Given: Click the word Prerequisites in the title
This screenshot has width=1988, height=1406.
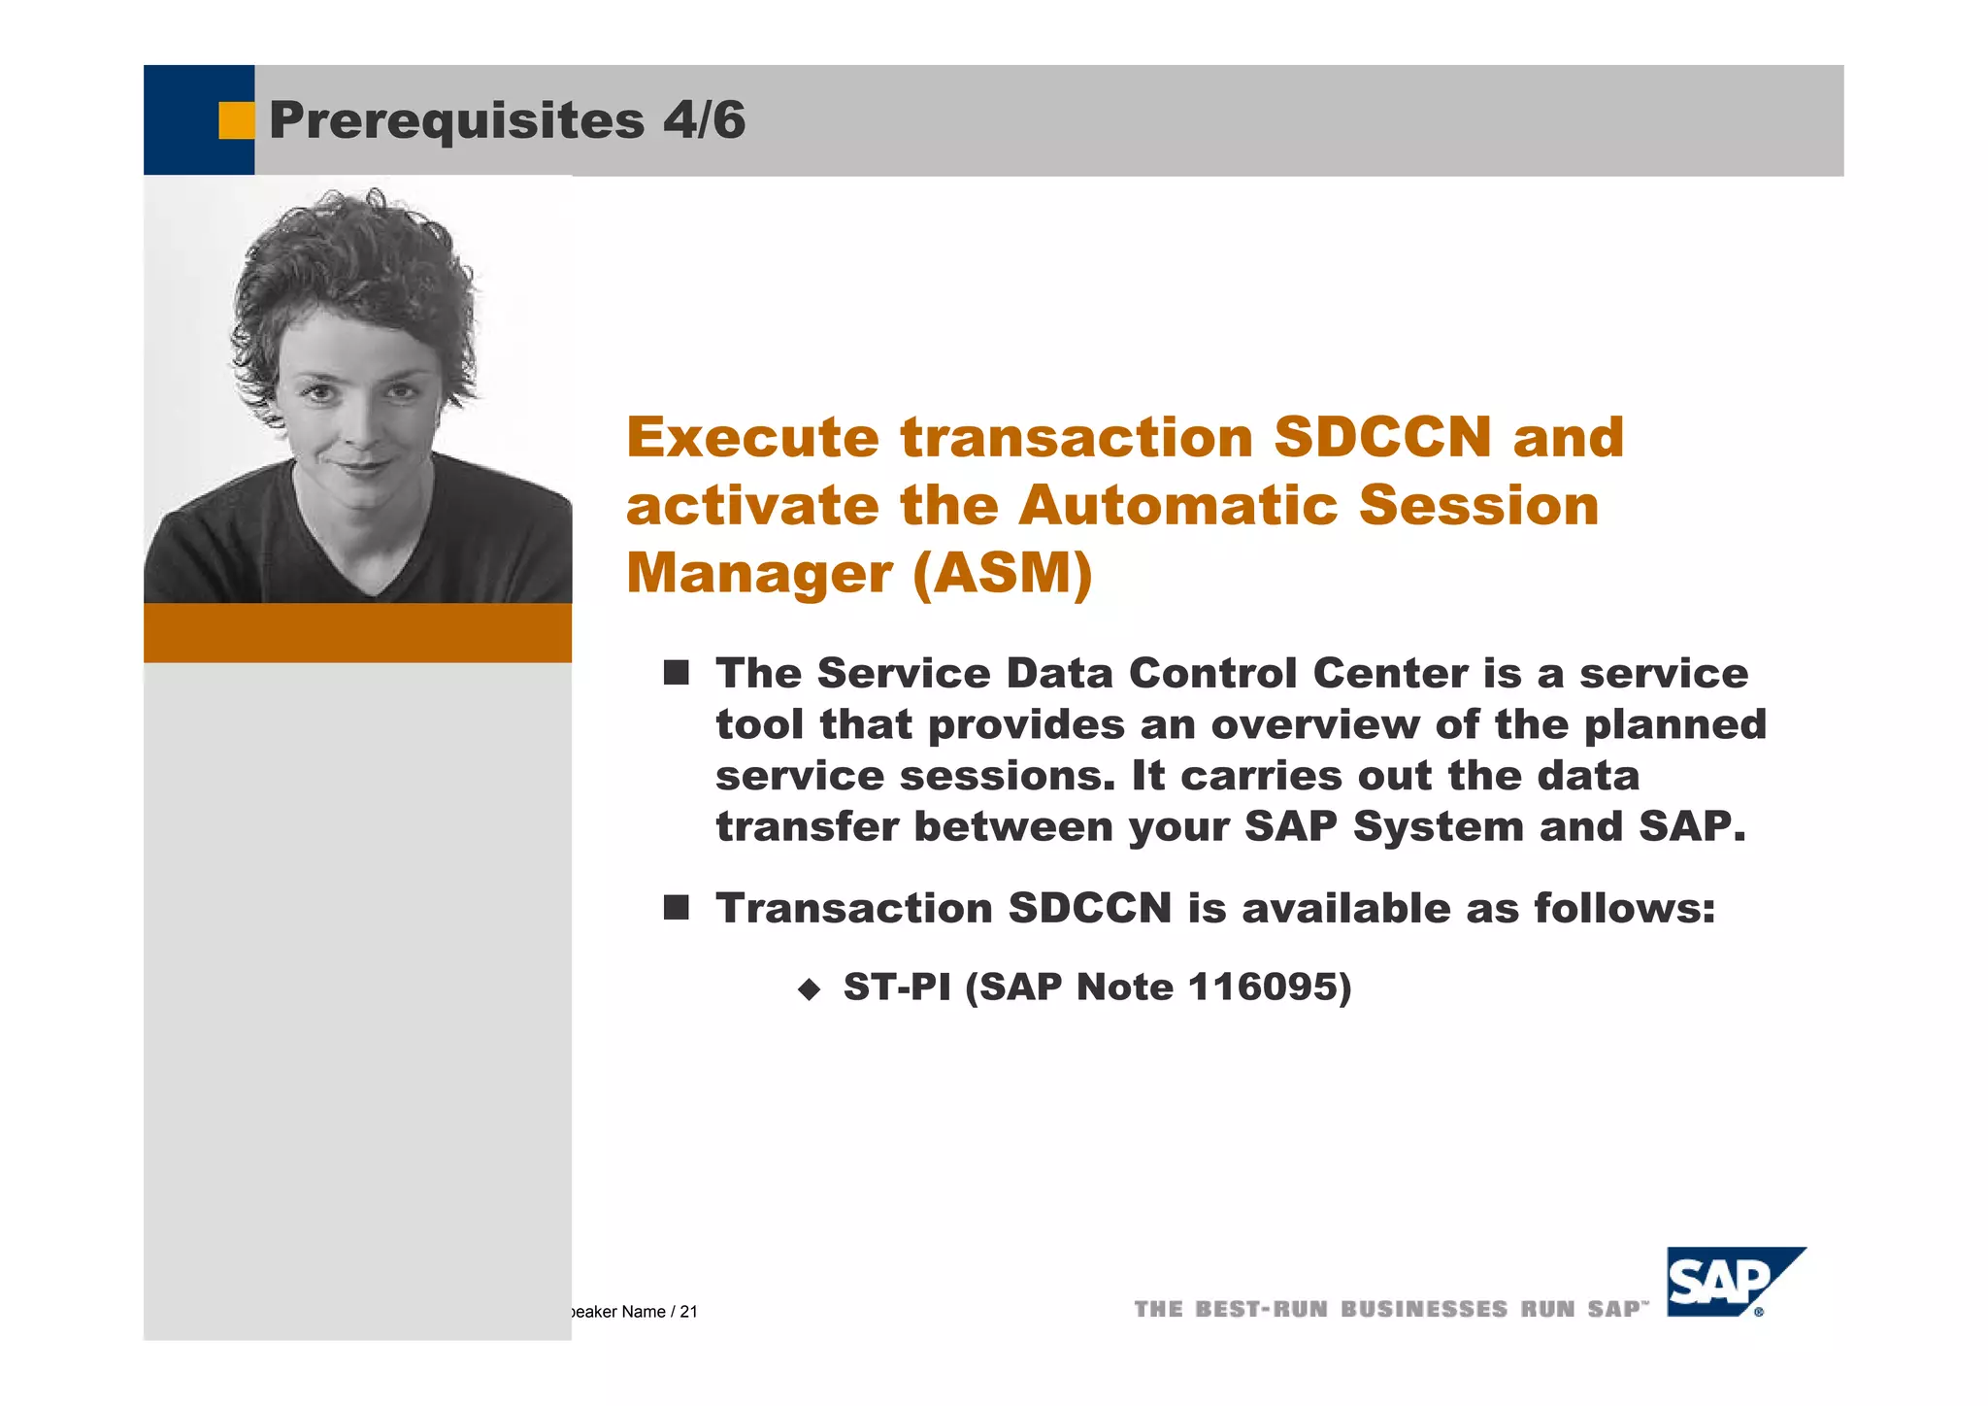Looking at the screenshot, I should [456, 121].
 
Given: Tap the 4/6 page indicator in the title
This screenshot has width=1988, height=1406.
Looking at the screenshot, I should [705, 120].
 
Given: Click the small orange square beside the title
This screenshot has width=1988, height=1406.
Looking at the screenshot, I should [235, 120].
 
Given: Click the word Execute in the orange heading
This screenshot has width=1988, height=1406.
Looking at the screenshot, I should [752, 438].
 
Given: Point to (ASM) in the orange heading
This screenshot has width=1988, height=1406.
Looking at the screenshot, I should [1002, 573].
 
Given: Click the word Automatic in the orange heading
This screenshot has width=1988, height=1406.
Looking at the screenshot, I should [1176, 506].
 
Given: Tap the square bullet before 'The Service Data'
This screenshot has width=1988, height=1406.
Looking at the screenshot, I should [676, 673].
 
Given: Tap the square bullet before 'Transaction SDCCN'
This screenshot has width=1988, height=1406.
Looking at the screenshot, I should [676, 908].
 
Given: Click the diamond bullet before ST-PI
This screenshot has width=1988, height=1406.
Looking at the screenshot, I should [809, 989].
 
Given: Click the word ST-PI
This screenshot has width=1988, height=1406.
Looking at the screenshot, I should [896, 988].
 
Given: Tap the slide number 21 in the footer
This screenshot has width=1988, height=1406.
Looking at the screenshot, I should [688, 1312].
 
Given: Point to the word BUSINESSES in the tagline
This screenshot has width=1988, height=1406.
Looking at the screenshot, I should [1424, 1309].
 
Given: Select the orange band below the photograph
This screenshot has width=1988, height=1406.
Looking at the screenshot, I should [357, 633].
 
